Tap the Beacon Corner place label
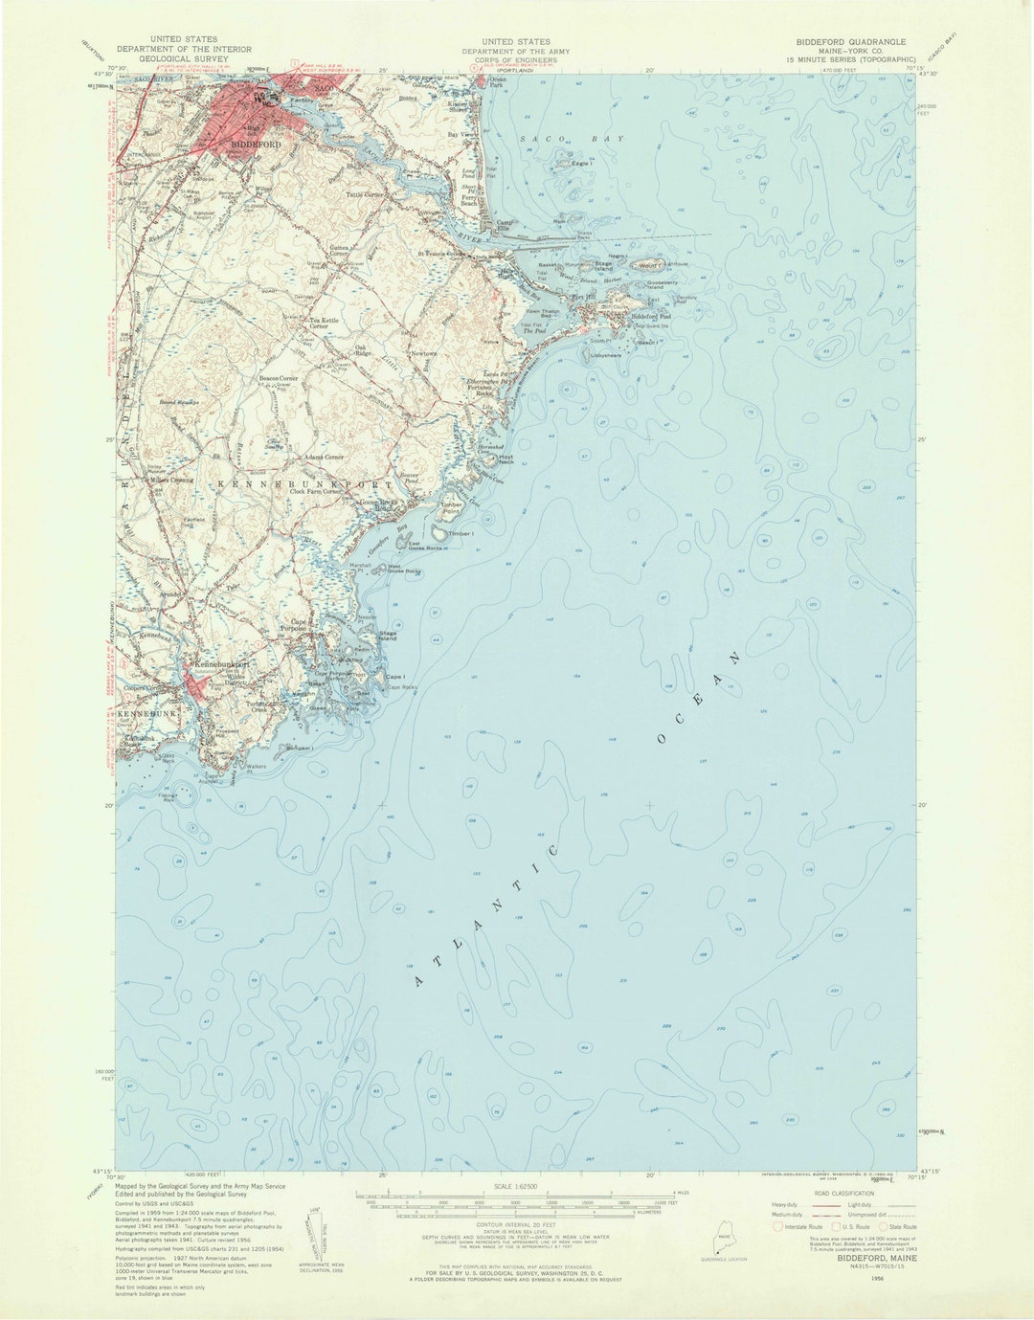click(279, 379)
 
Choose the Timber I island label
click(461, 533)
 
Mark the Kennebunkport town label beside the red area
click(223, 663)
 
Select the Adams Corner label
click(323, 458)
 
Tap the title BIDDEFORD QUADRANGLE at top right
click(850, 43)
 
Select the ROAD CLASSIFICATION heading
click(843, 1194)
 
